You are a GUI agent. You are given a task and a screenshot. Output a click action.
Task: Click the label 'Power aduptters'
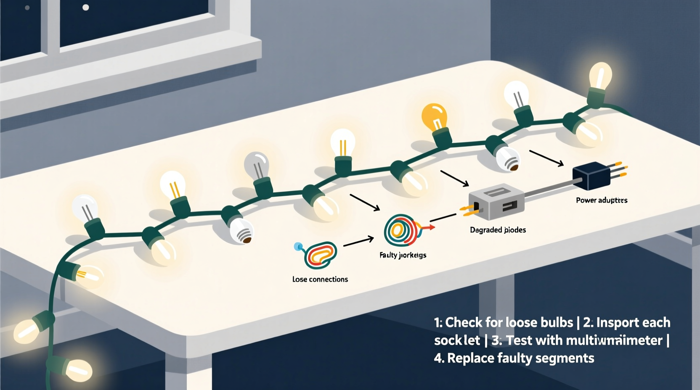tap(602, 200)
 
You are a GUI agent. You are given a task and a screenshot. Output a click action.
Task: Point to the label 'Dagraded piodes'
tap(498, 230)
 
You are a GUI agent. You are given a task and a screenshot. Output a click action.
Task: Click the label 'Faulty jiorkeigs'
tap(403, 255)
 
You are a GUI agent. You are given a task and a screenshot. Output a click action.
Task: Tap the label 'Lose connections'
tap(320, 279)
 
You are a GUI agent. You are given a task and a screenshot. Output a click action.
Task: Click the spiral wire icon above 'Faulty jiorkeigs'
tap(400, 230)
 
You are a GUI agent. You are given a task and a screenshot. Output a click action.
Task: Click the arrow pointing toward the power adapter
tap(546, 158)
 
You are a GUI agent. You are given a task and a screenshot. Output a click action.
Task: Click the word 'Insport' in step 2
tap(618, 322)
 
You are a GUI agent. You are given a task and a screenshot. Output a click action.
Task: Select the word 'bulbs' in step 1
tap(555, 322)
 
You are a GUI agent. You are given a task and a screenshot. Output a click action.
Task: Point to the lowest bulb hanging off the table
tap(78, 369)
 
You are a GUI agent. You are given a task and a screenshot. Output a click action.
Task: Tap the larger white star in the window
tap(85, 7)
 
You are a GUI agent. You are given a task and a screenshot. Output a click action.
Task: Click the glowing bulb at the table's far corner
tap(600, 76)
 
